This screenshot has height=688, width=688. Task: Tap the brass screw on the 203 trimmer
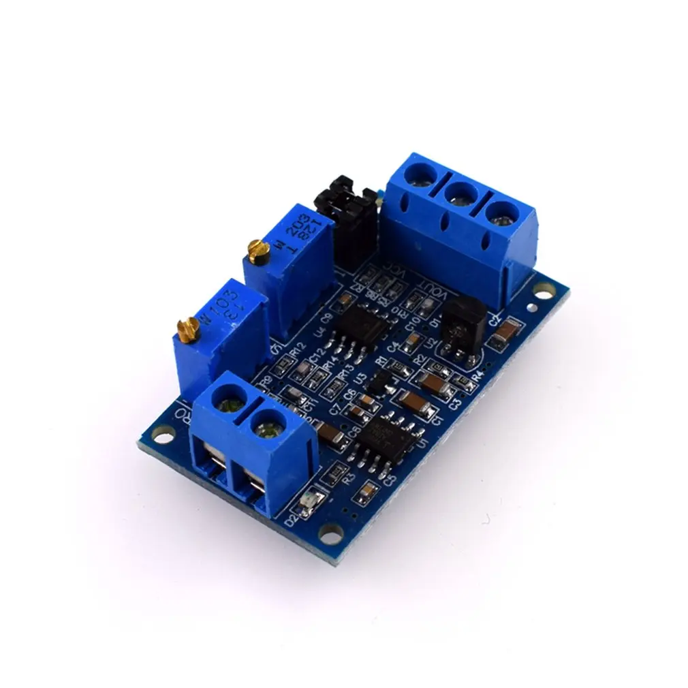click(x=255, y=249)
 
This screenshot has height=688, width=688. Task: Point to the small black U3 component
click(x=376, y=383)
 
